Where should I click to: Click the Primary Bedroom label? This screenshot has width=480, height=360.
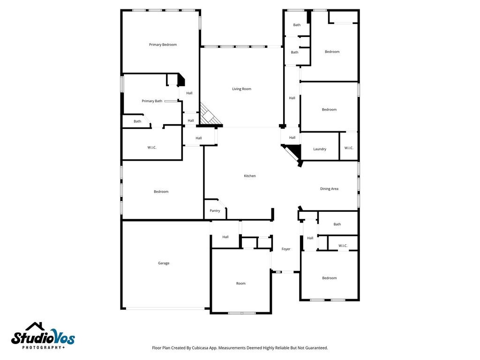[x=163, y=45]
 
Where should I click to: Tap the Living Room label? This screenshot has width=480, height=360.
[x=241, y=89]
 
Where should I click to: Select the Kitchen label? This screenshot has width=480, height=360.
[x=250, y=176]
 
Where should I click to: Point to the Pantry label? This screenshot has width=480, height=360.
[x=215, y=211]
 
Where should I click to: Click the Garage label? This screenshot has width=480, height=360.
[x=164, y=263]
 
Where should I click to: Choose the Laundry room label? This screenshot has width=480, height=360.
[x=320, y=149]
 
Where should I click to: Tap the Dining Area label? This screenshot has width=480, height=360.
[x=330, y=189]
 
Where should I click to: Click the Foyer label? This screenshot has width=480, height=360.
[x=286, y=249]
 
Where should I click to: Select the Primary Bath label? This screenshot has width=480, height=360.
[x=152, y=101]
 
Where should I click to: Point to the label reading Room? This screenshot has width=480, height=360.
[x=241, y=284]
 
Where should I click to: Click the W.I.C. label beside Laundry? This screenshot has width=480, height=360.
[x=349, y=148]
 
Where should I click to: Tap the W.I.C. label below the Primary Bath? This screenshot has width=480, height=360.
[x=152, y=148]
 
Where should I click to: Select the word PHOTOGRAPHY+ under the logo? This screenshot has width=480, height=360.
[x=44, y=347]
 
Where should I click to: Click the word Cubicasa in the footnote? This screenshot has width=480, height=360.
[x=200, y=348]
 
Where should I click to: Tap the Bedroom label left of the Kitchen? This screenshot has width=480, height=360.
[x=161, y=192]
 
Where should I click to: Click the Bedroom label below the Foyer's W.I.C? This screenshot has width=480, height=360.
[x=330, y=278]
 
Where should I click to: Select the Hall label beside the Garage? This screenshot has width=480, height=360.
[x=225, y=237]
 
